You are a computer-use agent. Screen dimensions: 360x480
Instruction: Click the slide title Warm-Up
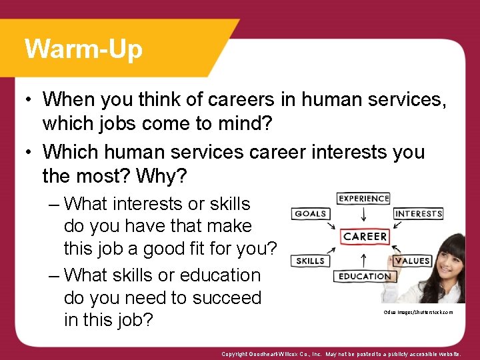click(83, 49)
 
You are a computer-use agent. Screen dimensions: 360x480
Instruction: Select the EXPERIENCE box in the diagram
click(363, 198)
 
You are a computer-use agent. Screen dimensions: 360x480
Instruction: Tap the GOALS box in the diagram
click(311, 213)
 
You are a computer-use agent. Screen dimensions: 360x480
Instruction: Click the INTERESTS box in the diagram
click(418, 213)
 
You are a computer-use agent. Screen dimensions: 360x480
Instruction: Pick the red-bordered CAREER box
click(365, 237)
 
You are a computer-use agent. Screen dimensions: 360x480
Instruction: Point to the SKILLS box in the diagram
click(310, 261)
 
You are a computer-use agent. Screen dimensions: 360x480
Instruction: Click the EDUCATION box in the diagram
click(364, 276)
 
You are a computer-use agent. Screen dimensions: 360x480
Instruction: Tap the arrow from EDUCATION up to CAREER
click(364, 258)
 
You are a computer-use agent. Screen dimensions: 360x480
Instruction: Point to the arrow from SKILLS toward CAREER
click(335, 251)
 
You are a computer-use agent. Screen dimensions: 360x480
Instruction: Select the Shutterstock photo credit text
click(418, 312)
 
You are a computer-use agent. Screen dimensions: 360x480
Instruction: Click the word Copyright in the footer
click(237, 355)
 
